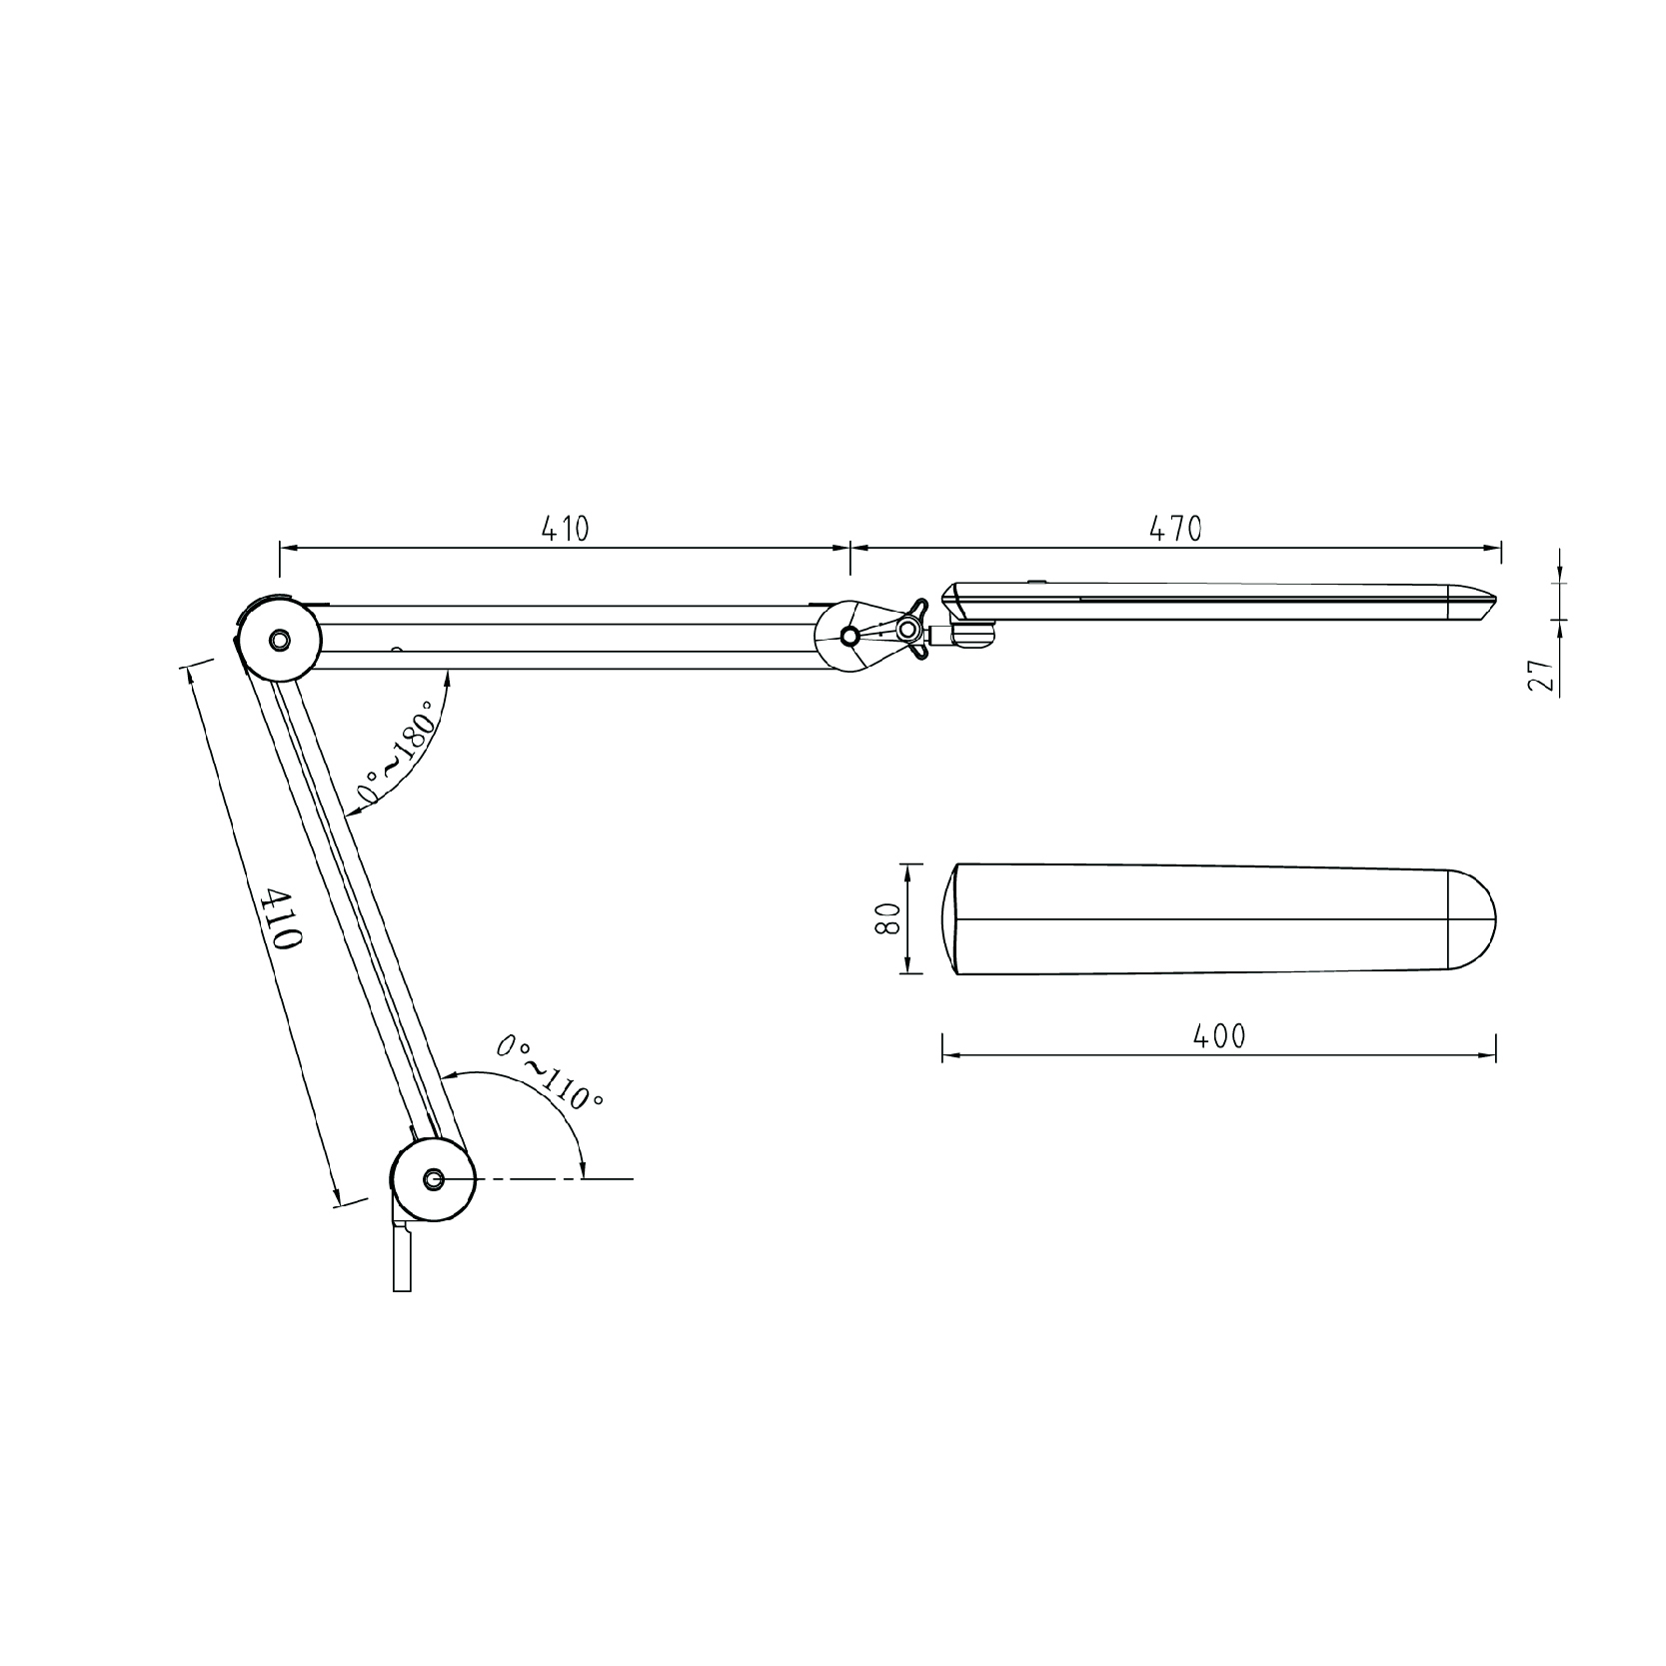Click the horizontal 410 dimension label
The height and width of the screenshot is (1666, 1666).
(x=566, y=528)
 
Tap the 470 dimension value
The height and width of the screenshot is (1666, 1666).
(x=1175, y=528)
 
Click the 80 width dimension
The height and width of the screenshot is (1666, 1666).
(x=886, y=917)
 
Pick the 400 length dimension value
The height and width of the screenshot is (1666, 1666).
(x=1220, y=1036)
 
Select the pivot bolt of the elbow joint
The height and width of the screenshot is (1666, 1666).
(x=280, y=638)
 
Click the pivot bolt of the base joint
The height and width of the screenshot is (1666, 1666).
(x=433, y=1179)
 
